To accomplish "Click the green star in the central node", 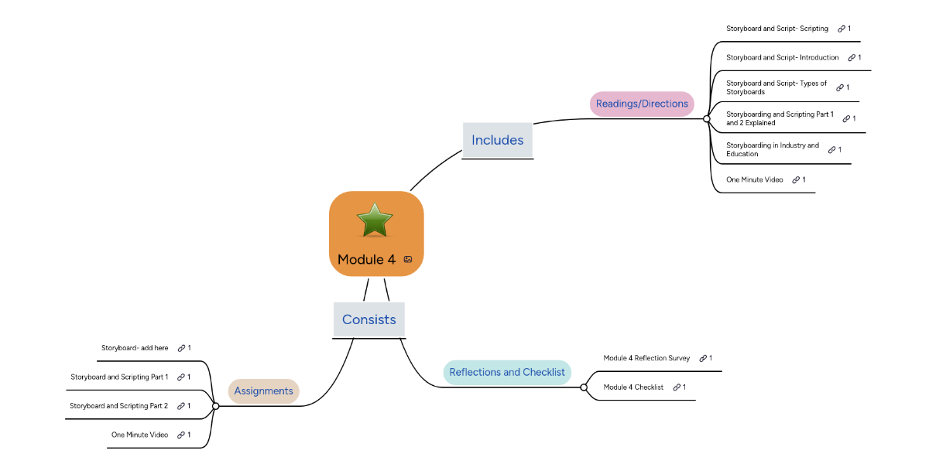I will click(x=375, y=220).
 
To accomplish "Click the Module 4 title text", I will click(x=366, y=260).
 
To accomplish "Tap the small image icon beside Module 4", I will click(x=408, y=260).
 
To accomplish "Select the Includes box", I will click(x=497, y=140).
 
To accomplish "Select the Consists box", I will click(x=369, y=319).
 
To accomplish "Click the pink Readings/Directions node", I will click(x=642, y=104).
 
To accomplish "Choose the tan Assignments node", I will click(x=263, y=391).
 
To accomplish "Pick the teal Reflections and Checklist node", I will click(x=506, y=372).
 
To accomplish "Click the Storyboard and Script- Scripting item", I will click(x=776, y=29).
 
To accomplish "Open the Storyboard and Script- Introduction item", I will click(x=782, y=57).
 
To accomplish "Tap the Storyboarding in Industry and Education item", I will click(x=772, y=149).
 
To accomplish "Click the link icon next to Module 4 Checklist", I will click(x=677, y=387).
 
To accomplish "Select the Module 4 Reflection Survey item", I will click(x=646, y=358).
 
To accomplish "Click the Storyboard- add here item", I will click(x=135, y=348).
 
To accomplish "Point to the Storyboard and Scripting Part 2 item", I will click(x=118, y=405).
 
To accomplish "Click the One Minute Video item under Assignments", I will click(x=139, y=435).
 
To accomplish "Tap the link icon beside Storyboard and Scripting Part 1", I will click(x=180, y=377).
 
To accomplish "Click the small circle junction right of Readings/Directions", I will click(x=706, y=119).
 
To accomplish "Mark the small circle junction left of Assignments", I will click(x=215, y=406).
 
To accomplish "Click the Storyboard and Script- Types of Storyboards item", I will click(x=776, y=87).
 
